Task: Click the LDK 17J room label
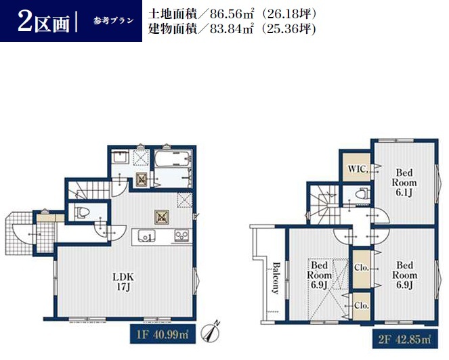click(x=123, y=282)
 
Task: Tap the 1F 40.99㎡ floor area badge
click(x=163, y=334)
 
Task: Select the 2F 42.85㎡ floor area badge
click(x=405, y=339)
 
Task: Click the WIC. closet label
click(x=358, y=169)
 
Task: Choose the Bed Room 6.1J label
click(x=404, y=182)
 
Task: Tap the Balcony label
click(x=276, y=278)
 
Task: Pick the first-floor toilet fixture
click(x=82, y=212)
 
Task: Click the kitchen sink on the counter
click(x=146, y=235)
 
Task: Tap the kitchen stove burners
click(x=181, y=235)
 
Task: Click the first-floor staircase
click(x=89, y=190)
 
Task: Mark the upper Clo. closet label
click(x=361, y=267)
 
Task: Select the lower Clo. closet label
click(x=361, y=306)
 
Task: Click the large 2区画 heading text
click(x=43, y=21)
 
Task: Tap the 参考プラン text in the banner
click(x=113, y=21)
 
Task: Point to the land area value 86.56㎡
click(x=232, y=14)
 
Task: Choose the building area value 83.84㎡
click(x=232, y=28)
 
